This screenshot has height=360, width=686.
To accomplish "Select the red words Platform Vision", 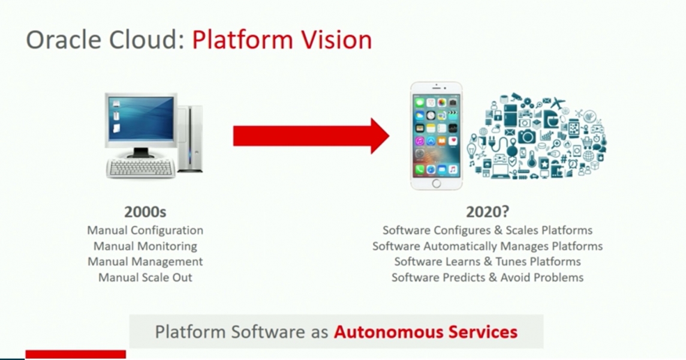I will click(282, 40).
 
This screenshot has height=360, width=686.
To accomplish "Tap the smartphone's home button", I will click(436, 182).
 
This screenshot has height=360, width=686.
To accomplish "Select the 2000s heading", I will click(145, 212).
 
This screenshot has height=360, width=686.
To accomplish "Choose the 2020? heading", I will click(487, 212).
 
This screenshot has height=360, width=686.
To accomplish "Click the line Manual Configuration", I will click(145, 230).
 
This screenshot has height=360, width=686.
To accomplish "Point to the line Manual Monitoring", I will click(145, 246).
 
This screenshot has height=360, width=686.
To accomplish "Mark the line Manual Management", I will click(145, 262).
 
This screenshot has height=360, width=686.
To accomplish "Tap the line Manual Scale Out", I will click(145, 277).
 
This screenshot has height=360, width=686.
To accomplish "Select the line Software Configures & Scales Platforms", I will click(487, 230).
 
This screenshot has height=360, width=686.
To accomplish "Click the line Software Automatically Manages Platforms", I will click(487, 246).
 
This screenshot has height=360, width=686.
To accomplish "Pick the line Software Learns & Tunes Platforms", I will click(487, 262).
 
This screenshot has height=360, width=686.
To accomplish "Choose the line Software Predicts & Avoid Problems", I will click(487, 277).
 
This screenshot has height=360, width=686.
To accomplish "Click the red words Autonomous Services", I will click(425, 331).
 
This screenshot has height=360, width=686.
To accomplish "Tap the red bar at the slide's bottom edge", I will click(76, 355).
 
